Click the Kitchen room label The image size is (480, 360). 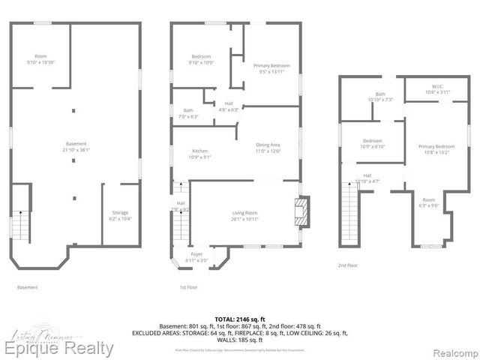200,154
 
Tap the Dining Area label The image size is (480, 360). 268,147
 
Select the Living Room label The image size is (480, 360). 244,215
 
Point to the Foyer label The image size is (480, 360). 196,256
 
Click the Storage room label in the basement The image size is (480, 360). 121,215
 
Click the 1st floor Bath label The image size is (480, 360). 188,113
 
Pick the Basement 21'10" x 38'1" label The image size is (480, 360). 76,146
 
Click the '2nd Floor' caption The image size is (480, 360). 348,265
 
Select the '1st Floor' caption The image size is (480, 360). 187,287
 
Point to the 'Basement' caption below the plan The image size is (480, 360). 27,287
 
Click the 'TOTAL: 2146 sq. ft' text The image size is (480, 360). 239,319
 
